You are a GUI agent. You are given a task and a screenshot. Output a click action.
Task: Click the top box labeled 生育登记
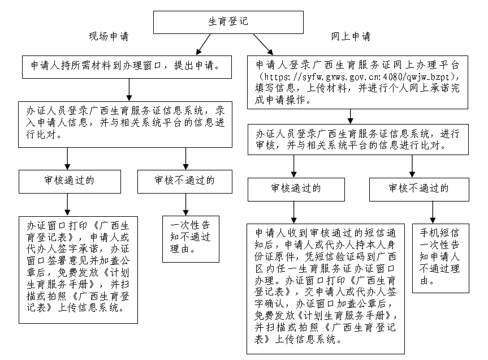tap(228, 22)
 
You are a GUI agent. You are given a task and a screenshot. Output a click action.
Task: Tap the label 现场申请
tap(109, 37)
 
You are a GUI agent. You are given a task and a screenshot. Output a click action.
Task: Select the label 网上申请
tap(351, 37)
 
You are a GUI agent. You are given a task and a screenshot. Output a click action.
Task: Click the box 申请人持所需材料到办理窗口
tap(129, 66)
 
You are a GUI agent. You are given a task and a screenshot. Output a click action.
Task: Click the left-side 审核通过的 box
tap(70, 181)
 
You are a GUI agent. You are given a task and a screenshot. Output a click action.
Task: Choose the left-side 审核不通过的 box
tap(184, 181)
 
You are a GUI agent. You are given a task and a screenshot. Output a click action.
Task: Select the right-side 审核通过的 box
tap(296, 189)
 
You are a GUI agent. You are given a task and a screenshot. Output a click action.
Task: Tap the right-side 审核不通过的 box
tap(419, 189)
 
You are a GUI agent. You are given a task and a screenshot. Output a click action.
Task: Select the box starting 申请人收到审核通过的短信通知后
tap(327, 288)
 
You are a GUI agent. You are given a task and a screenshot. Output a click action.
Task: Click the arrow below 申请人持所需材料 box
tap(129, 89)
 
